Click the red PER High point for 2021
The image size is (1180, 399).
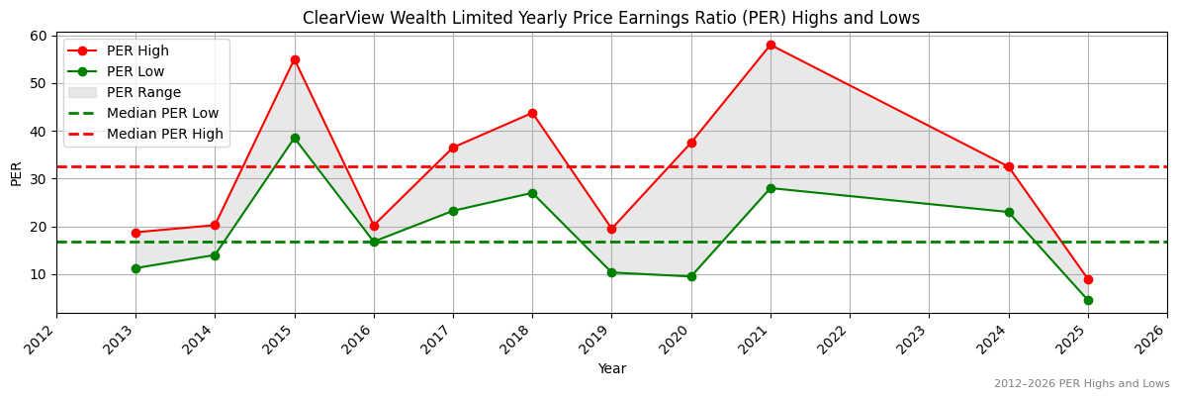pos(771,45)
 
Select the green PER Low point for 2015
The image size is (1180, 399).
pos(295,138)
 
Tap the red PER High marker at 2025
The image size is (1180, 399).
pos(1088,279)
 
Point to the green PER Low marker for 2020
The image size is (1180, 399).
pos(691,276)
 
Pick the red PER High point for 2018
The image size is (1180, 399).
pos(532,113)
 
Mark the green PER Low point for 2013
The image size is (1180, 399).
pos(136,268)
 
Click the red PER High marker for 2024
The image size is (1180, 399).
pos(1009,166)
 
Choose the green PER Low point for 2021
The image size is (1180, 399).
pos(771,188)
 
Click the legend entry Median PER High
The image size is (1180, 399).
pos(164,135)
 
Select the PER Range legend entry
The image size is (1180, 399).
pos(143,92)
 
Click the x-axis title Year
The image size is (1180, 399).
pos(611,368)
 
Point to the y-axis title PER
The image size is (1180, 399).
pos(16,173)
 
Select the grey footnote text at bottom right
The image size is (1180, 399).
pos(1081,384)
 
